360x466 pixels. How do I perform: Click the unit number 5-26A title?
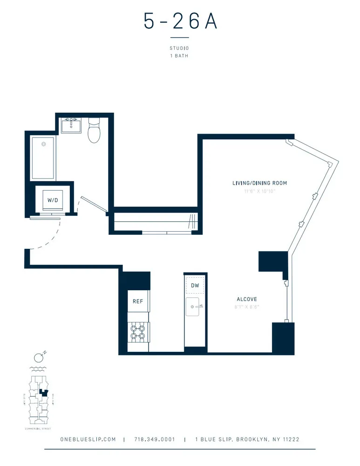180,21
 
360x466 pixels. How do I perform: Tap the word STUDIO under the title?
180,48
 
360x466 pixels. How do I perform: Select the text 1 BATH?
180,56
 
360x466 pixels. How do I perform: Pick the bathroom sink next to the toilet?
72,125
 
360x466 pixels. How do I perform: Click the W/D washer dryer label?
53,200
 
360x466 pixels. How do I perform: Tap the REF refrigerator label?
138,302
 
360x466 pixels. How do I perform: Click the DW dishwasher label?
195,285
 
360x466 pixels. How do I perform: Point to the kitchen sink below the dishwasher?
195,308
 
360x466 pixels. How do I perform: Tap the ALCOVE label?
247,299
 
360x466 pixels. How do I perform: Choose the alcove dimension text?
247,307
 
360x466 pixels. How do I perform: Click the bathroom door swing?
94,205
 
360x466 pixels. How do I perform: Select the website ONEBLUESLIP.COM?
88,439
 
